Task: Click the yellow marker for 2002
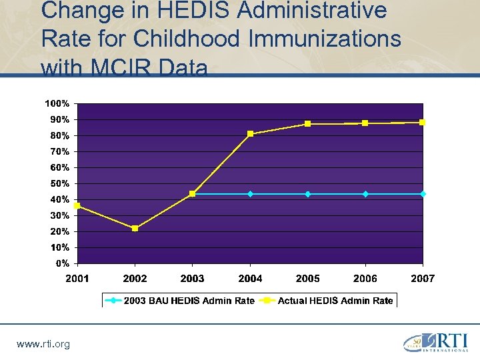click(x=135, y=229)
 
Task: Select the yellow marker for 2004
click(x=250, y=134)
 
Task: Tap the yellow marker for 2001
click(x=77, y=206)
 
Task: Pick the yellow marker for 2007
click(x=422, y=123)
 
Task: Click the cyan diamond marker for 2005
click(x=307, y=194)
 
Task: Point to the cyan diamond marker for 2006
click(x=365, y=194)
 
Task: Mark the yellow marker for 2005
click(x=307, y=124)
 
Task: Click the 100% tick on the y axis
click(x=57, y=103)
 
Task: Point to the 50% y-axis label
click(x=59, y=183)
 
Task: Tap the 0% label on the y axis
click(x=62, y=263)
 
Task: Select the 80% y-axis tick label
click(x=59, y=135)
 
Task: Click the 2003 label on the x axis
click(x=193, y=279)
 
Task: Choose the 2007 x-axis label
click(x=422, y=279)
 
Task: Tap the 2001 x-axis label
click(x=77, y=279)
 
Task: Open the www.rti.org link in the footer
click(x=43, y=344)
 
